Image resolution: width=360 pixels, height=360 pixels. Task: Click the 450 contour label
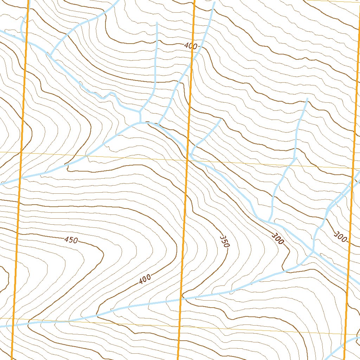tap(71, 240)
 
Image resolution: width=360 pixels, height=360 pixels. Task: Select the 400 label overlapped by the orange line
tap(191, 46)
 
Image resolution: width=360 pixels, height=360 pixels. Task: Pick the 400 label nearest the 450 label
tap(145, 279)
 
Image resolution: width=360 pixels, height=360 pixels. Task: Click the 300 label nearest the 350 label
tap(277, 239)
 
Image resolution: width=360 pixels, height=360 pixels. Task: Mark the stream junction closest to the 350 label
tap(269, 222)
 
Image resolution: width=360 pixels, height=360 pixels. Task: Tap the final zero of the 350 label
tap(226, 245)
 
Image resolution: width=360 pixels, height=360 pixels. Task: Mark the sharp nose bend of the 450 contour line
tap(103, 252)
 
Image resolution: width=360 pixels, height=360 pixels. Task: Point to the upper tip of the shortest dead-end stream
tap(220, 120)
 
